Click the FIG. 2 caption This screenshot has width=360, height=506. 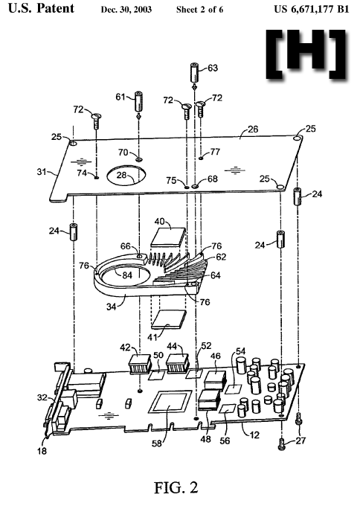coord(176,487)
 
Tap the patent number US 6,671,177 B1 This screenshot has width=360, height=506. coord(312,9)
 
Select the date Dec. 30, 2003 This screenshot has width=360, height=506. coord(126,10)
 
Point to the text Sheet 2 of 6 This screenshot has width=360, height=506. coord(199,10)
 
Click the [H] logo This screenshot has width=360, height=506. coord(306,54)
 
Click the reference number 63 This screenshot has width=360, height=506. coord(213,68)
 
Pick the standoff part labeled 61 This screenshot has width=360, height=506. coord(138,102)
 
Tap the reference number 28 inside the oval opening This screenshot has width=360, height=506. coord(122,175)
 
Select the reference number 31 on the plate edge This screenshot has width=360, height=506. coord(42,172)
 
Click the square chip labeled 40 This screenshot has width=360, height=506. coord(169,237)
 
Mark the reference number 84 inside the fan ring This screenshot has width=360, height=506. coord(127,275)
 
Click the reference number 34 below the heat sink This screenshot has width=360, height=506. coord(112,307)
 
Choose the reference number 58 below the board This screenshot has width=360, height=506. coord(157,443)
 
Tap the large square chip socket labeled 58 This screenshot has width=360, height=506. coord(170,401)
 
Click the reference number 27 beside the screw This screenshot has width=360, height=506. coord(300,441)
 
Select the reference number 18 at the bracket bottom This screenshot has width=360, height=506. coord(42,451)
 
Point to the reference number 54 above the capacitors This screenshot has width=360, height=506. coord(241,350)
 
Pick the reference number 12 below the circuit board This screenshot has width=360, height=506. coord(254,435)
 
